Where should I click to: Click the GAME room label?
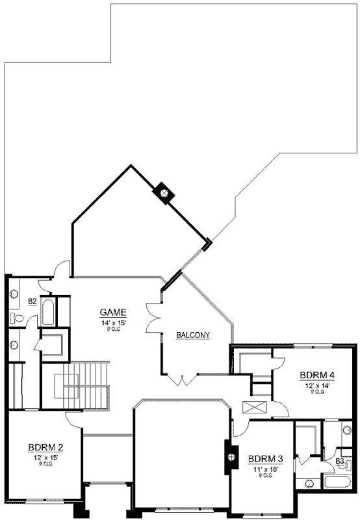coord(112,311)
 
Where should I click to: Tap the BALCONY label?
coord(193,335)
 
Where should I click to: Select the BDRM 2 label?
coord(45,447)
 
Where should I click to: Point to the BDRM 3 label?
coord(265,459)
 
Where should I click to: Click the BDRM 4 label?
coord(317,375)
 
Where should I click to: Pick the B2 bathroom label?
coord(32,302)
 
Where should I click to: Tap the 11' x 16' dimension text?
coord(265,468)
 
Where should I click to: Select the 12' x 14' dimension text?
coord(317,385)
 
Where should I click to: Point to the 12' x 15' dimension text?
coord(45,457)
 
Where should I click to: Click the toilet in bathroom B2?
coord(16,318)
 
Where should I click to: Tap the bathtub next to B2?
coord(48,312)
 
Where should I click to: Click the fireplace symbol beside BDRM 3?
coord(229,456)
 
